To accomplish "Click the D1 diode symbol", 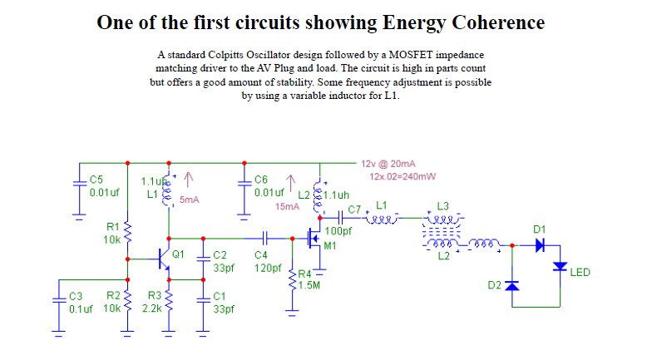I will point(540,245).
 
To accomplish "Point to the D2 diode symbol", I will point(512,285).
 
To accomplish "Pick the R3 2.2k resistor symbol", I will point(169,303).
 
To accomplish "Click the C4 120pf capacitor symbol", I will point(267,237).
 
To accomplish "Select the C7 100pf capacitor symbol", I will point(344,219).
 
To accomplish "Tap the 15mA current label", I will point(287,206).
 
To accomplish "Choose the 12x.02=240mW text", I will point(403,176).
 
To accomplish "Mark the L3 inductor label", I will point(442,206).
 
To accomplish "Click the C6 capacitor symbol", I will point(245,185).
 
